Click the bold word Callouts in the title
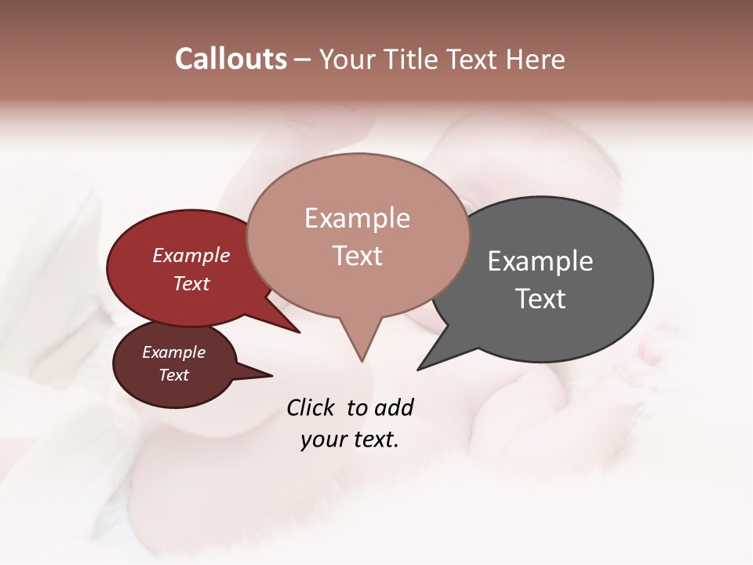(231, 59)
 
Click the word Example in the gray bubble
(540, 261)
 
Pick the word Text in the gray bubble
(540, 299)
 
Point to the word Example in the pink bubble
(357, 218)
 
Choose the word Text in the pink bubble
(357, 256)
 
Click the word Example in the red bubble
(191, 256)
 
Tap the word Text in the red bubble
(191, 283)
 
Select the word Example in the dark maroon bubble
(173, 352)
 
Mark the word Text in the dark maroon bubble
(173, 375)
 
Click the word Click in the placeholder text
(312, 407)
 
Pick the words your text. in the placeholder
(349, 439)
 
